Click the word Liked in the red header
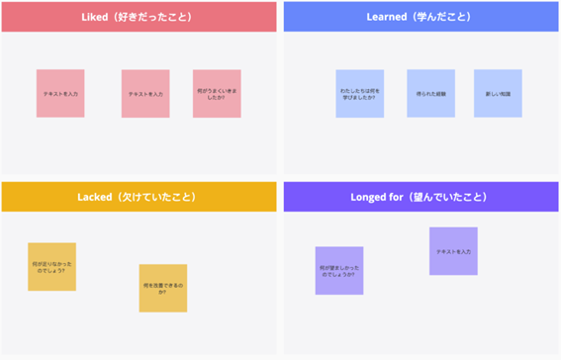[98, 17]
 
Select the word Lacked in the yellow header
[99, 197]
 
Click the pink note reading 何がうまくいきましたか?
[217, 94]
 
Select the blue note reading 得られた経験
[430, 94]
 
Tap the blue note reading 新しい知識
[498, 94]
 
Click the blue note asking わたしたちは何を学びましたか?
[359, 94]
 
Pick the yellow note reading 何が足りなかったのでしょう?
[51, 267]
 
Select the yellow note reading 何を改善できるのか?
[163, 288]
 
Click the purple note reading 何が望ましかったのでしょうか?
[339, 271]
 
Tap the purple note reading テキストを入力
[453, 251]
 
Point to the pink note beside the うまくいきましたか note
[145, 94]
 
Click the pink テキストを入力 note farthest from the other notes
[60, 94]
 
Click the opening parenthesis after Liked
[120, 17]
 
